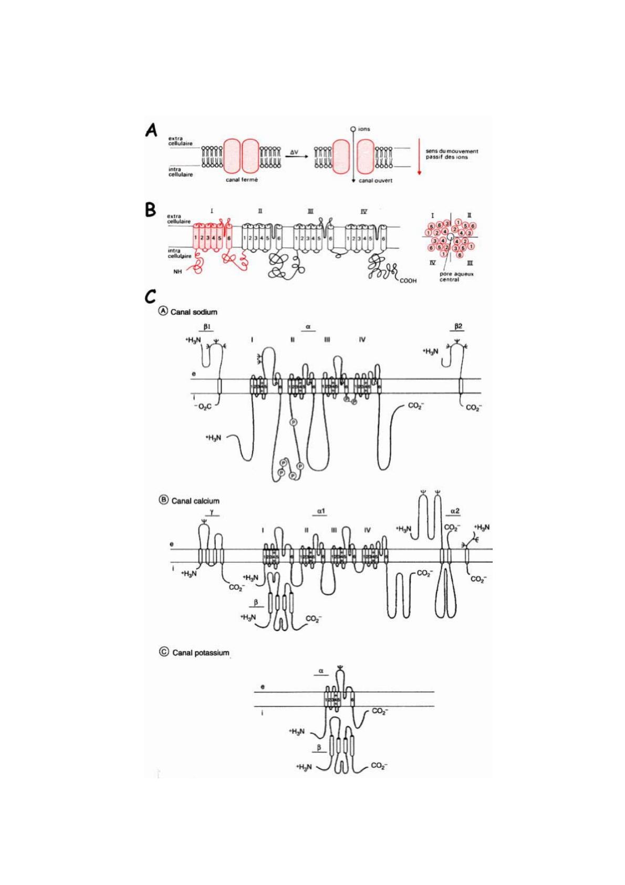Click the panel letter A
152,130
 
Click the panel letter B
151,211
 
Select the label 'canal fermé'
242,180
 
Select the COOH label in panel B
408,281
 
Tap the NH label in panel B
178,272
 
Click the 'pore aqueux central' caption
449,277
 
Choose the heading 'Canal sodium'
193,312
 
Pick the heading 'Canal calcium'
195,501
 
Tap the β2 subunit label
459,327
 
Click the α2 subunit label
455,510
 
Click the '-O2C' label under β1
202,406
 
